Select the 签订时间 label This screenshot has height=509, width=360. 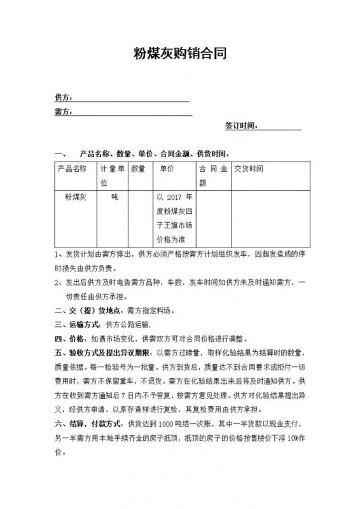pos(241,126)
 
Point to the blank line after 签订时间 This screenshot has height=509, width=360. pos(279,127)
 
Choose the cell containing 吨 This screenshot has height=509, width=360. pos(114,198)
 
